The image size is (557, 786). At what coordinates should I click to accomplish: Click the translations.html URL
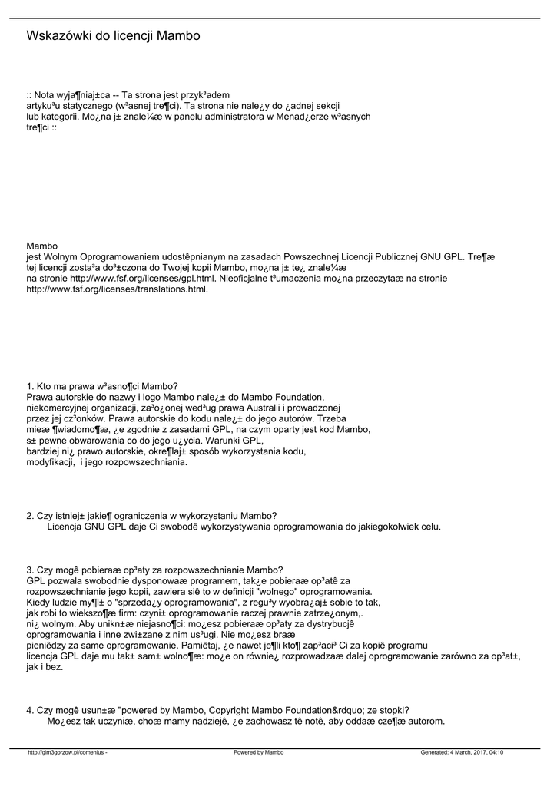[x=118, y=289]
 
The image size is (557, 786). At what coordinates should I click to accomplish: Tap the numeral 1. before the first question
[x=30, y=385]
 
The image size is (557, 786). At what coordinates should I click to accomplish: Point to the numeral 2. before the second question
[x=30, y=515]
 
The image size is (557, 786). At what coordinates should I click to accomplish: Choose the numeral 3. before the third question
[x=30, y=570]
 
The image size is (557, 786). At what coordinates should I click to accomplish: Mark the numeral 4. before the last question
[x=30, y=710]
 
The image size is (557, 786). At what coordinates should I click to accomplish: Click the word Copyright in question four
[x=220, y=710]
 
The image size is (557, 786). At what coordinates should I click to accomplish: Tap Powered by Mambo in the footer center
[x=258, y=752]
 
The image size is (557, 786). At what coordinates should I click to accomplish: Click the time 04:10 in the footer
[x=496, y=752]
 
